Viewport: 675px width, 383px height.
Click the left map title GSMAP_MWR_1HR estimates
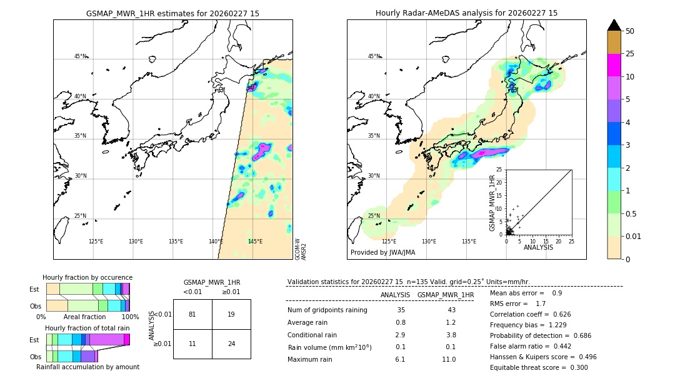(172, 13)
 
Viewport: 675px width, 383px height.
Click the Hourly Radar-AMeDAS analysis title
(466, 13)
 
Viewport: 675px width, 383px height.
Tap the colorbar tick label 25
(631, 54)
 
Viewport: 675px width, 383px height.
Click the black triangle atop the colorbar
(614, 25)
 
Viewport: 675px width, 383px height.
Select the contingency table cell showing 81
(192, 314)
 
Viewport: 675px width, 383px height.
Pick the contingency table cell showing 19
(231, 314)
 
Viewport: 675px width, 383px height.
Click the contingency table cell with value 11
(192, 344)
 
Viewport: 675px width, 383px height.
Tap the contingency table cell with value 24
(231, 344)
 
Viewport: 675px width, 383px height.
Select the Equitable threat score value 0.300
(574, 367)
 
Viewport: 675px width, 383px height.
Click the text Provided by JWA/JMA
(382, 253)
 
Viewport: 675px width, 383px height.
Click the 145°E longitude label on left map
(255, 242)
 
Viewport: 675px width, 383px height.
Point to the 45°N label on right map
(373, 56)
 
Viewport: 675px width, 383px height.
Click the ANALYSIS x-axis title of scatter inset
(538, 247)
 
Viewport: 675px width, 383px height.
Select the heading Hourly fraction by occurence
(87, 277)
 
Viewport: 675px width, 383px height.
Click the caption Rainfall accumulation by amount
(87, 367)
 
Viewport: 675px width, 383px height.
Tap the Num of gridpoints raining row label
(327, 310)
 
